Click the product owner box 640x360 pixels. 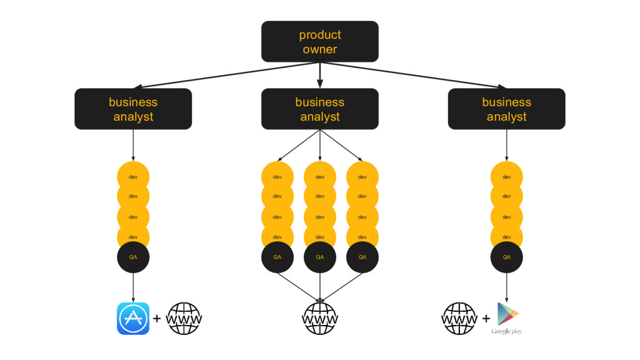319,42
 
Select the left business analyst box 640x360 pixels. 133,109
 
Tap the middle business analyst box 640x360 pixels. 319,109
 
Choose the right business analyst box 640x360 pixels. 506,109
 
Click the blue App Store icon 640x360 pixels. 133,318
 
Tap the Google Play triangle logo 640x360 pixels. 507,314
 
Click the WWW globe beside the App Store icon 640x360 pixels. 184,318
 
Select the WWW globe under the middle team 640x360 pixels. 320,318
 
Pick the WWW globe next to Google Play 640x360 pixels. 459,318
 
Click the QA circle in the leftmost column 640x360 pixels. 133,257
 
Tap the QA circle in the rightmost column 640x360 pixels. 506,257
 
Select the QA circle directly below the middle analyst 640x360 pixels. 320,257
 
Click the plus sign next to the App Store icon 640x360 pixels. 157,318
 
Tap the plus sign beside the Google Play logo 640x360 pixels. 486,318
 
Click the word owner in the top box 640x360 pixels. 320,49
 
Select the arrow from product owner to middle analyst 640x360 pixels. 320,75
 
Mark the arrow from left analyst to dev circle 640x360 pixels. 133,145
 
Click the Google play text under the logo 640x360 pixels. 506,331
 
